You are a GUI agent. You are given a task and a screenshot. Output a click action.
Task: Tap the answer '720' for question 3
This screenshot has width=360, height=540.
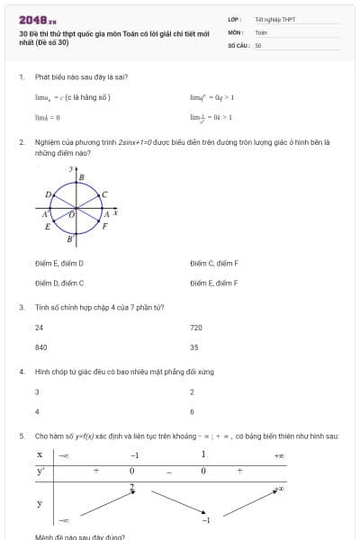pos(196,328)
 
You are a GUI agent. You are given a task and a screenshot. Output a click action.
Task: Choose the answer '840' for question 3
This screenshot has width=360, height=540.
pos(40,346)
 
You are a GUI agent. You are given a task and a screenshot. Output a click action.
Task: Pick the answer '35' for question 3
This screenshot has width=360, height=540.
pos(193,346)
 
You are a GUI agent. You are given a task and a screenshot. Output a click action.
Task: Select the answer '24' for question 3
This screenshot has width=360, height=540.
pos(39,328)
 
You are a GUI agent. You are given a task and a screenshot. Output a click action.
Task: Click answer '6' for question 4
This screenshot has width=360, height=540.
pos(192,411)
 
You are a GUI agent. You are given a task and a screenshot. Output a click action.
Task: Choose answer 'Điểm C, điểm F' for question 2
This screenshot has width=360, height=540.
pos(214,263)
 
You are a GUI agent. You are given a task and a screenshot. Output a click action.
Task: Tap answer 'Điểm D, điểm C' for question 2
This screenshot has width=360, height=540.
pos(59,283)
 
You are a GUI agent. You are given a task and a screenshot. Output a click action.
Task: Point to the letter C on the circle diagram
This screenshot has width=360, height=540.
pos(104,194)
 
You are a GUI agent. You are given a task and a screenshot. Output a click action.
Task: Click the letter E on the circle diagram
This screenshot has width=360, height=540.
pos(48,227)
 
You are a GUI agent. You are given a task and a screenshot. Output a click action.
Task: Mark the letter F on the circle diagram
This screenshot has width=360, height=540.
pos(104,227)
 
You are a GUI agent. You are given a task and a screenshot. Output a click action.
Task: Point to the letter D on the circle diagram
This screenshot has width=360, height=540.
pos(48,194)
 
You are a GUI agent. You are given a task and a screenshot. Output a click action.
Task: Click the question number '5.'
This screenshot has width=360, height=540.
pos(21,436)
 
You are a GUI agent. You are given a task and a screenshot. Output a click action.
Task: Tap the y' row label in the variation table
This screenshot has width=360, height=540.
pos(40,471)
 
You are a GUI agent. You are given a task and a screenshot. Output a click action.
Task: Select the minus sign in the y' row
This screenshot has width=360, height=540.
pos(168,471)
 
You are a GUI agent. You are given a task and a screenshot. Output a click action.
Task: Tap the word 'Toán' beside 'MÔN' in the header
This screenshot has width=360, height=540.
pos(261,31)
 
